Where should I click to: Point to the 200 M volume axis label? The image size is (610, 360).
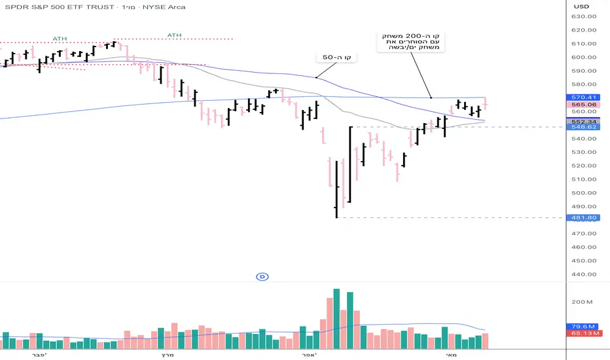pyautogui.click(x=582, y=302)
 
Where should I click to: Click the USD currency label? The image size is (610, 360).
pyautogui.click(x=582, y=7)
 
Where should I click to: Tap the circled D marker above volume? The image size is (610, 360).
pyautogui.click(x=262, y=277)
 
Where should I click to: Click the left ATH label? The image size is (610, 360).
pyautogui.click(x=60, y=38)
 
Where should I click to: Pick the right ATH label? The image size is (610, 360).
pyautogui.click(x=174, y=35)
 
